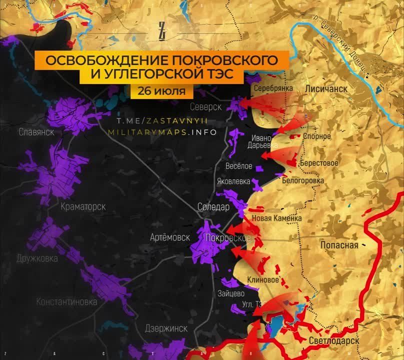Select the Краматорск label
(82, 206)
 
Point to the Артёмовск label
(170, 237)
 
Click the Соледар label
(213, 206)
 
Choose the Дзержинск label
(166, 328)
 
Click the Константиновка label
(66, 301)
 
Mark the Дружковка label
(36, 258)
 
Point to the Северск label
(205, 106)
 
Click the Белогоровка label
(303, 180)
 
